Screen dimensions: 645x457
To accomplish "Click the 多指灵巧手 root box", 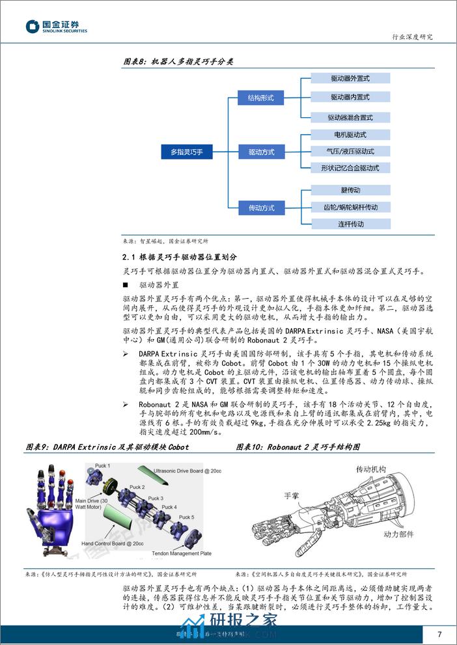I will coord(187,152).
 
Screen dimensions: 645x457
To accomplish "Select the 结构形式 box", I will coord(261,98).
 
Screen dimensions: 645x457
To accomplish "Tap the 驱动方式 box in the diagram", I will coord(261,152).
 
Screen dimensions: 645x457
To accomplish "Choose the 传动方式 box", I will coord(261,208).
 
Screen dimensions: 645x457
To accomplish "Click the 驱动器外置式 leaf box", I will coord(350,78).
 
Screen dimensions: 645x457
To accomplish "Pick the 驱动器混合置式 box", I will coord(350,118).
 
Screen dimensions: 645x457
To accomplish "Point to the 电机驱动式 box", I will coord(350,135).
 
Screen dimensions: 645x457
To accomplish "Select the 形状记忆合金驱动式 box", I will coord(350,168).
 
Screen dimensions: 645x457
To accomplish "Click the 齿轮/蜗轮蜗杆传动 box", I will coord(350,207).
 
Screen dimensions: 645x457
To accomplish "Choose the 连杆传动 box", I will coord(350,224).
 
